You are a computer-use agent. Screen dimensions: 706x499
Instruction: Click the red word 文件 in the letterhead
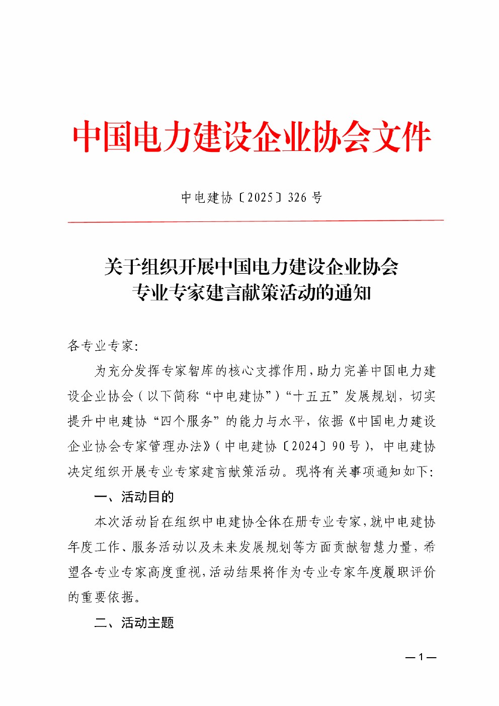coord(402,137)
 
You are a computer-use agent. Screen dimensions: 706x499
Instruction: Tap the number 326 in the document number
coord(297,198)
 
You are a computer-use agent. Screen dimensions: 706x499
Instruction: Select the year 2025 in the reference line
coord(260,198)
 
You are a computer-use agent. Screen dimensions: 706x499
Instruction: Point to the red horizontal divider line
coord(256,220)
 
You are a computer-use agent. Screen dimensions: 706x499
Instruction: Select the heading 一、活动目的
coord(134,497)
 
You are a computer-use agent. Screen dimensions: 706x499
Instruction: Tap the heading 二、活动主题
coord(134,623)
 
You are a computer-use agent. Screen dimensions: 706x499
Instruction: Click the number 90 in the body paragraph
coord(338,446)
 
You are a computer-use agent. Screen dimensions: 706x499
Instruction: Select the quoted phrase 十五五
coord(312,396)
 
